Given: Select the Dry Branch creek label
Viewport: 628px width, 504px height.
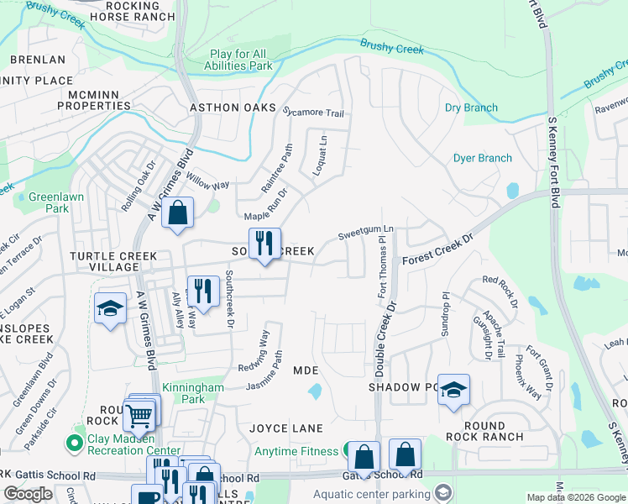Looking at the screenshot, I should pos(471,108).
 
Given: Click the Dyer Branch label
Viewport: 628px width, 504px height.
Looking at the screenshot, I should pos(482,158).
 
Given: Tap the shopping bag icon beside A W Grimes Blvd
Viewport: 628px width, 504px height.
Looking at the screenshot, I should pos(178,214).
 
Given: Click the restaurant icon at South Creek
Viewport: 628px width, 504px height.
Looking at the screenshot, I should pos(264,243).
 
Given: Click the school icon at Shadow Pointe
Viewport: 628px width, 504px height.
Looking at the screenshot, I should pos(453,389).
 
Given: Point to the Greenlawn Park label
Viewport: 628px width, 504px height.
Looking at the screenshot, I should pos(45,202).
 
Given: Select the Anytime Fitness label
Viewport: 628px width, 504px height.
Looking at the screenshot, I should pos(298,452).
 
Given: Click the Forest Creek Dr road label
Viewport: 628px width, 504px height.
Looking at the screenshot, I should pos(437,249).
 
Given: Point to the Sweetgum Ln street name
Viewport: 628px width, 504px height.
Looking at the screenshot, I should pos(365,232).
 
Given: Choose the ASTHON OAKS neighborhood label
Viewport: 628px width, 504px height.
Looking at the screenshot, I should pos(233,108).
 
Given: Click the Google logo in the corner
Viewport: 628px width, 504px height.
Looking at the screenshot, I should pos(28,494).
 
